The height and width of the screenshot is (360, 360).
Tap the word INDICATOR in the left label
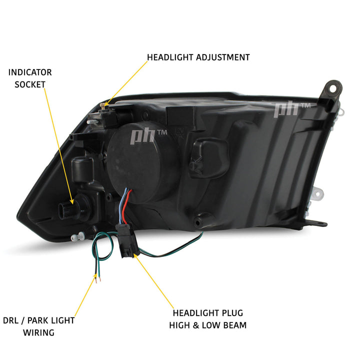pos(30,72)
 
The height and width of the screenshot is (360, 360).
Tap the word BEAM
pos(234,325)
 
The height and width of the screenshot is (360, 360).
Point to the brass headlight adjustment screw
pos(104,104)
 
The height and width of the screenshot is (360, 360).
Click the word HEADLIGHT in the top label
pos(167,57)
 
